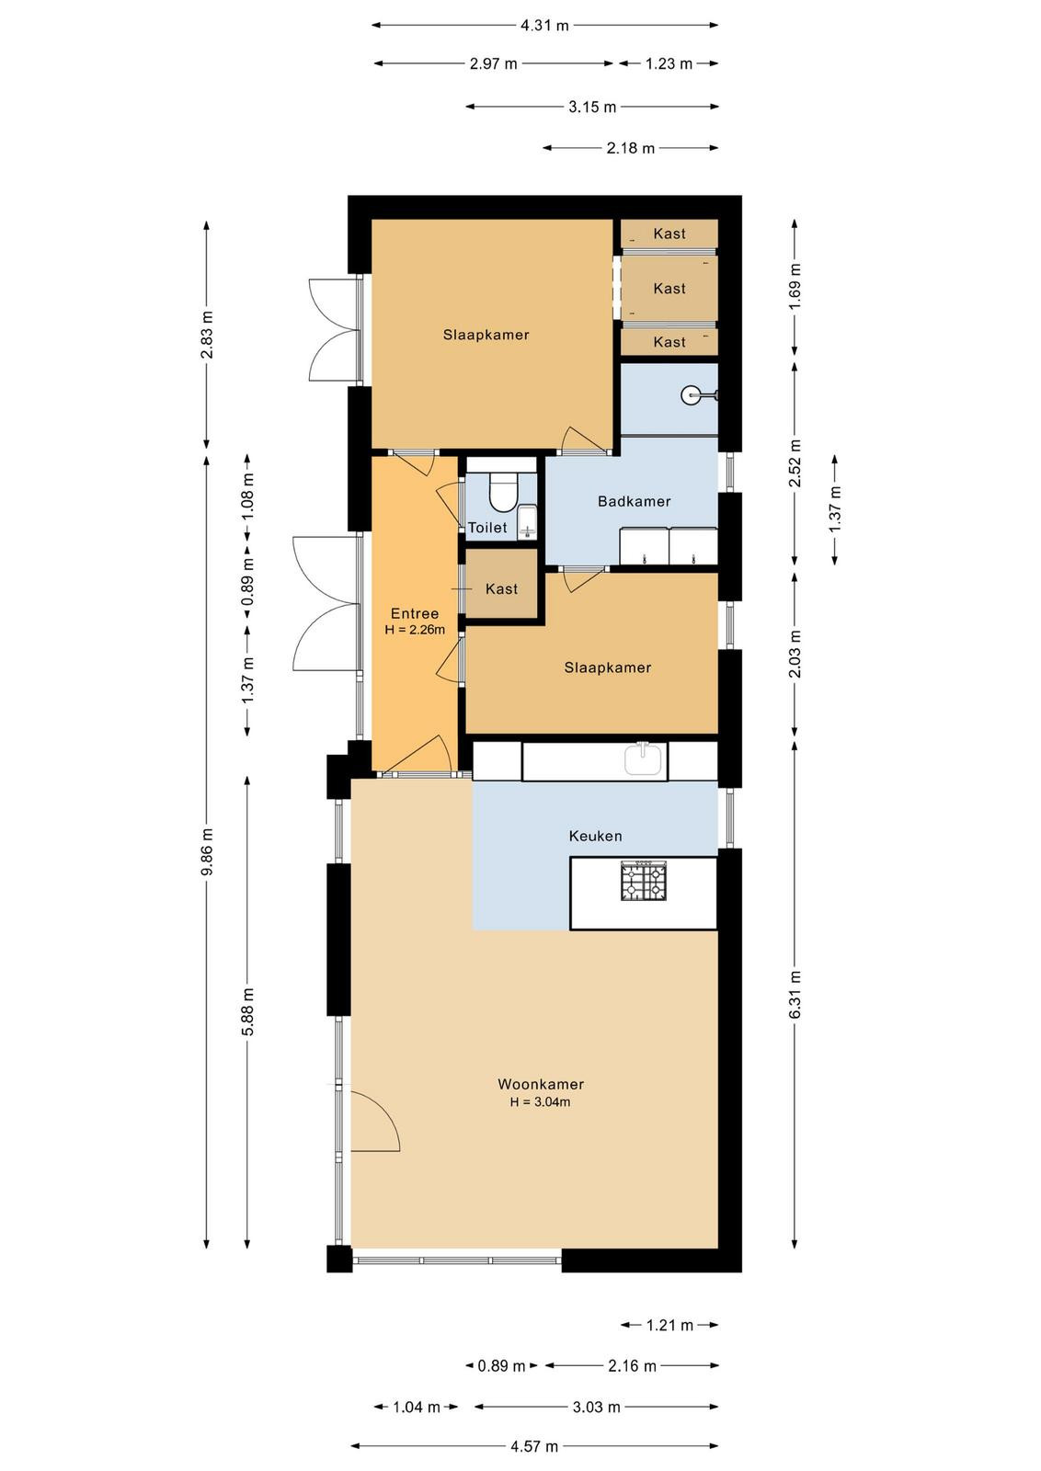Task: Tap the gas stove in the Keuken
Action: (x=644, y=882)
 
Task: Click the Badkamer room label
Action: (x=634, y=502)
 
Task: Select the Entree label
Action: (x=415, y=613)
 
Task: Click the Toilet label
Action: (x=487, y=528)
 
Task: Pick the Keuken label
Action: (x=595, y=836)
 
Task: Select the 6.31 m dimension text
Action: (x=795, y=995)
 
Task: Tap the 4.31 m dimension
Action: (x=544, y=26)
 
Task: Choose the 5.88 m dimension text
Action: (x=247, y=1011)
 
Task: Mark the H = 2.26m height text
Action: (x=415, y=630)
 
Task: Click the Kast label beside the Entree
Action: (x=502, y=589)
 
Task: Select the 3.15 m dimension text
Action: (x=592, y=107)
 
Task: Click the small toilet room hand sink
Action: (x=527, y=522)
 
